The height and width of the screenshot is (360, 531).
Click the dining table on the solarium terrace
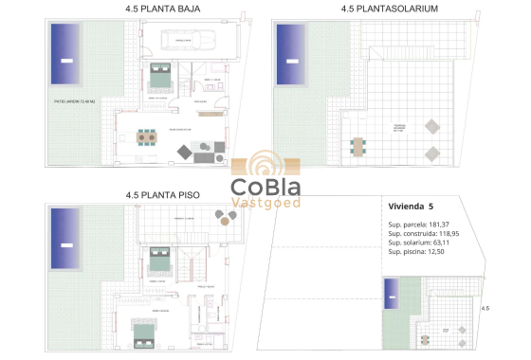[358, 147]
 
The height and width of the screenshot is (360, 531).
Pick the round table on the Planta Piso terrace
[225, 217]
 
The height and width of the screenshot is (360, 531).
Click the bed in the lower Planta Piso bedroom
[144, 333]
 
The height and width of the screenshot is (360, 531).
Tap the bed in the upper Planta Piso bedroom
[157, 259]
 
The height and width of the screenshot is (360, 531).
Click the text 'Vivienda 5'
[411, 206]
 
